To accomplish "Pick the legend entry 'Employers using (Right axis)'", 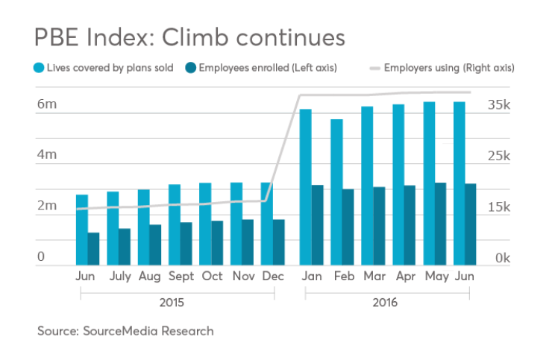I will pos(448,68).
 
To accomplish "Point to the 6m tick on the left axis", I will pos(47,105).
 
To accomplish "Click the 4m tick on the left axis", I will pos(47,155).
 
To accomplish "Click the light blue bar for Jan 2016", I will pos(305,186).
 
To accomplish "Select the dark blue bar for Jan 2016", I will pos(317,224).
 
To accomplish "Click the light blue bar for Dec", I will pos(266,223).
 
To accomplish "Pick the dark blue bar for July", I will pos(125,246).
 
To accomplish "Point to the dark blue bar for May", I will pos(441,224).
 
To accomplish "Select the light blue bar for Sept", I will pos(175,224).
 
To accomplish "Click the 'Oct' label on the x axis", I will pos(212,276).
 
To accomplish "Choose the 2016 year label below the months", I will pos(386,303).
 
